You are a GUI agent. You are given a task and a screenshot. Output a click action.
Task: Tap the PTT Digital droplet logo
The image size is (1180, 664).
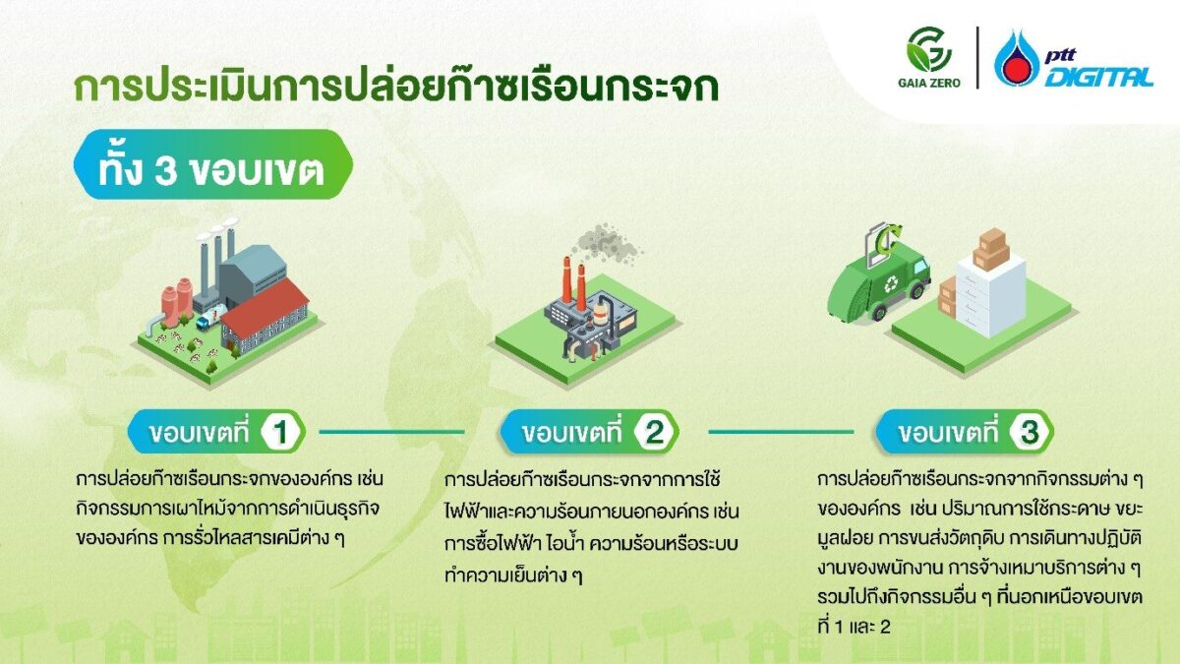click(x=1016, y=58)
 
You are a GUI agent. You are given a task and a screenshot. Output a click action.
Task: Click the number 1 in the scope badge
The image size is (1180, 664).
click(x=278, y=432)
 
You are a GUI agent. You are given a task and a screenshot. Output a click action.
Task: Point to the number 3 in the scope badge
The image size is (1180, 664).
click(x=1028, y=432)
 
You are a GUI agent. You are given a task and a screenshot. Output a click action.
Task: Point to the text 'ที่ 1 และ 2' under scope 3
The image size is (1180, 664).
click(x=855, y=626)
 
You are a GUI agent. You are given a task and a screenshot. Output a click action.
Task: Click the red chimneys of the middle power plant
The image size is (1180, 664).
click(x=572, y=282)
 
